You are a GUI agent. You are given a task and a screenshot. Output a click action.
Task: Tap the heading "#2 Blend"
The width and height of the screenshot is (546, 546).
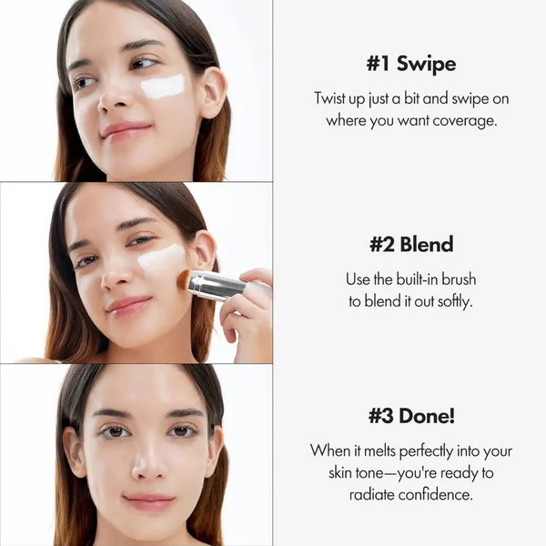(411, 245)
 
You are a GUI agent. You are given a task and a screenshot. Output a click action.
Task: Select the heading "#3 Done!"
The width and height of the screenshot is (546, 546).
(411, 416)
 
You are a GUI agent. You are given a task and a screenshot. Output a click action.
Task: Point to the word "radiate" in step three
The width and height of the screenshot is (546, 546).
(372, 494)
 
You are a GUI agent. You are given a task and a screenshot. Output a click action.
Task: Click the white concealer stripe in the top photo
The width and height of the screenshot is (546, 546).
(164, 87)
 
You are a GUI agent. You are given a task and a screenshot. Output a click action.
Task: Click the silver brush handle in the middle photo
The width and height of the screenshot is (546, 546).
(216, 286)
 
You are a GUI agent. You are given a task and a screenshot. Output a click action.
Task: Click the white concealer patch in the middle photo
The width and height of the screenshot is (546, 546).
(162, 258)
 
